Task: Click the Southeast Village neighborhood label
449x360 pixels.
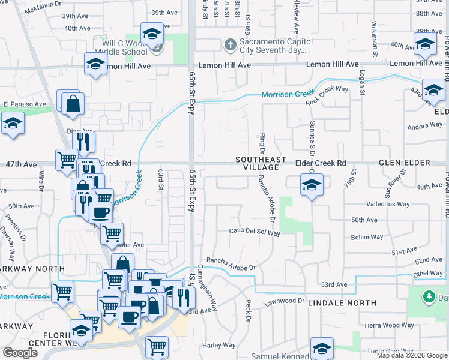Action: (261, 163)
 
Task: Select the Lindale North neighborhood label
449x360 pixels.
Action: (342, 304)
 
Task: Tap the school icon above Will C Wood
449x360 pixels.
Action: (152, 34)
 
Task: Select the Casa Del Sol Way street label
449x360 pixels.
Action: (255, 232)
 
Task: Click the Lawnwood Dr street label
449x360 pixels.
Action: (286, 300)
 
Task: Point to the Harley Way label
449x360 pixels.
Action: (218, 345)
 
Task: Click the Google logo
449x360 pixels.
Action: (20, 353)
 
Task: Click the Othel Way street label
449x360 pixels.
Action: (428, 273)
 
